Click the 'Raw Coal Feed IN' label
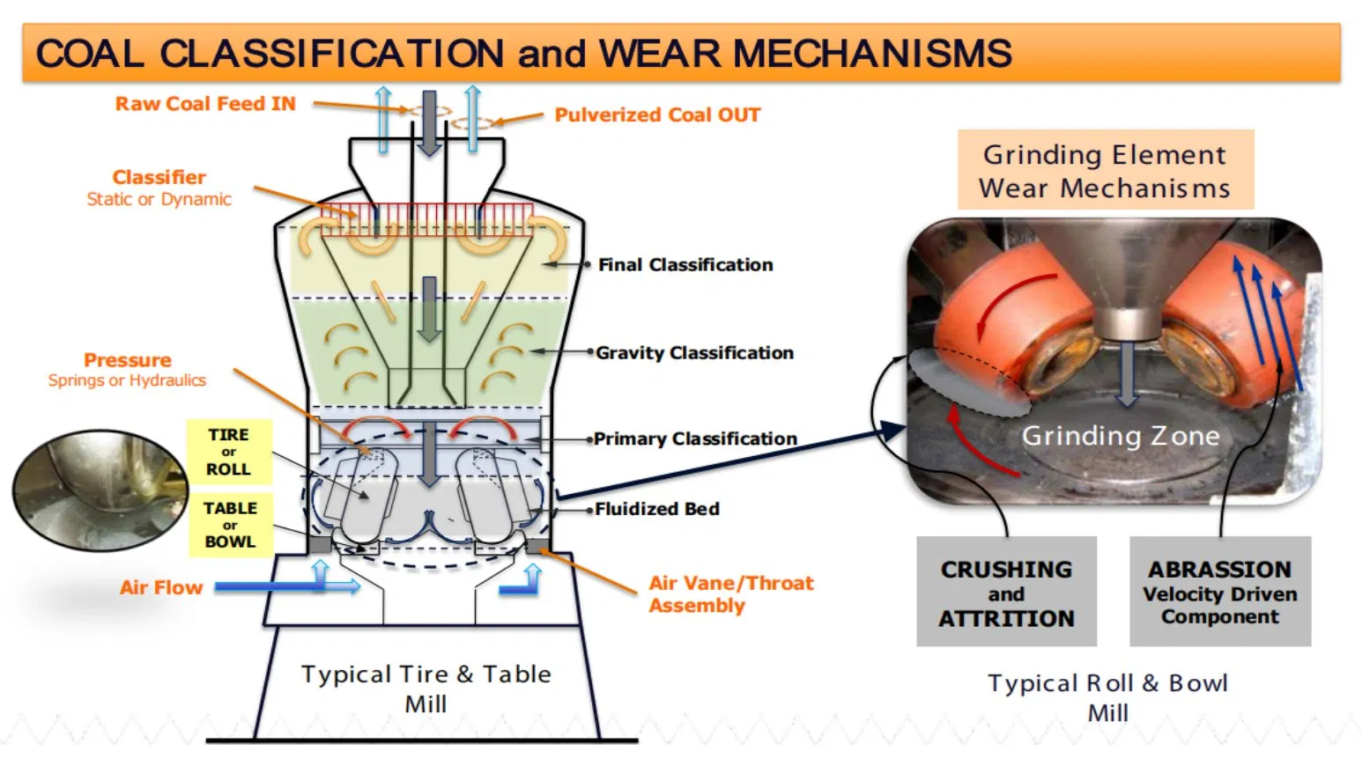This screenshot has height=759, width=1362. click(205, 104)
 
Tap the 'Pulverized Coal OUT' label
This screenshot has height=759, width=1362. click(657, 115)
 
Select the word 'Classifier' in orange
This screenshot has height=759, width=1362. click(159, 177)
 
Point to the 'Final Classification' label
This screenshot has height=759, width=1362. click(685, 265)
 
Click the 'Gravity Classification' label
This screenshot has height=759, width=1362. click(694, 353)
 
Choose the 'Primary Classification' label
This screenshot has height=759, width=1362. click(695, 438)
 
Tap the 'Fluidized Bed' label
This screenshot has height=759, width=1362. click(656, 509)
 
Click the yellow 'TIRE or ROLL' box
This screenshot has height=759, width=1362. click(229, 452)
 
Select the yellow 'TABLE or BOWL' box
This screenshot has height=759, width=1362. click(230, 525)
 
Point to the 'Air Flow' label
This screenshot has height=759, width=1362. click(161, 587)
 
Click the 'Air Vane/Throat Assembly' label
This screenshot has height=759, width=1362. click(730, 594)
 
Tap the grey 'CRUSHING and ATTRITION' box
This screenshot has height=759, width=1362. click(1006, 593)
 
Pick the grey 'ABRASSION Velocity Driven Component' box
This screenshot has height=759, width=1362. click(1220, 593)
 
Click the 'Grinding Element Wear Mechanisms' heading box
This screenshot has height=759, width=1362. click(1105, 171)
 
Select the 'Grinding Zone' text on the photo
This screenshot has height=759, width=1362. click(1121, 436)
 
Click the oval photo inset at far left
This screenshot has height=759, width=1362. click(99, 490)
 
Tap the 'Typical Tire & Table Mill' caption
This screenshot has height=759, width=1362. click(426, 689)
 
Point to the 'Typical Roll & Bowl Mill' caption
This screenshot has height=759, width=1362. click(1107, 697)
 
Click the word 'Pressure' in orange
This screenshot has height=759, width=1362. click(128, 360)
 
